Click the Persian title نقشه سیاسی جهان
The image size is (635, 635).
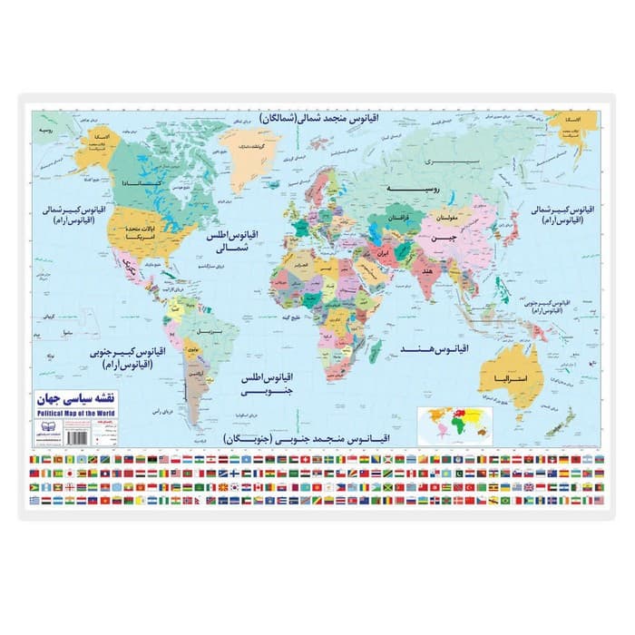pos(77,399)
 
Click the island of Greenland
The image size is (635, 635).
pos(257,156)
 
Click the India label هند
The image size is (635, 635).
pos(426,272)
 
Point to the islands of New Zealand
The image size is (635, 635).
pos(565,419)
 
